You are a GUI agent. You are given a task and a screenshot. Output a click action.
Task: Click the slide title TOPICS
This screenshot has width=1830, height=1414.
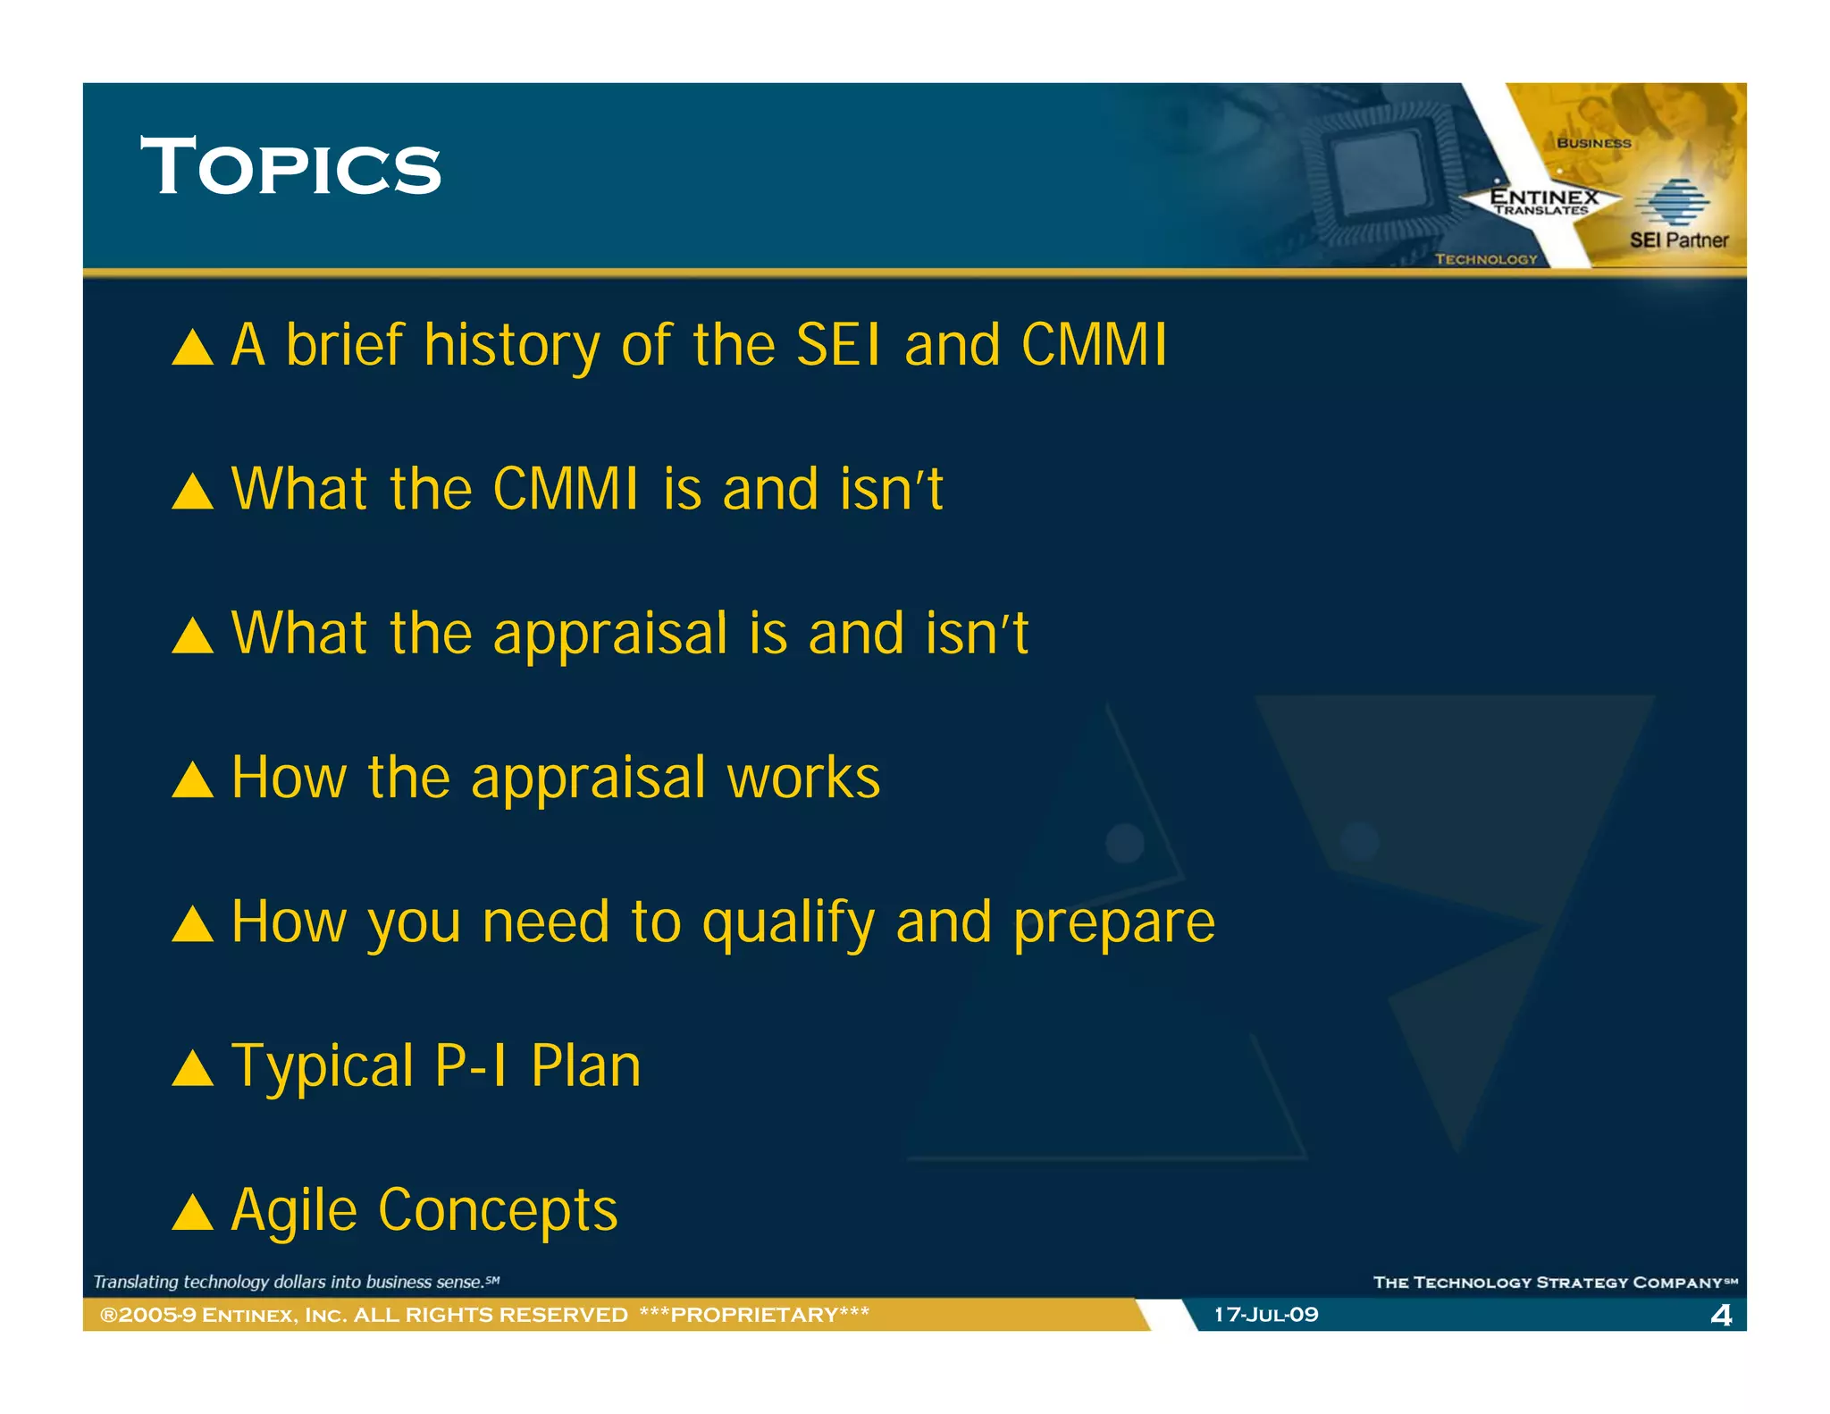point(290,167)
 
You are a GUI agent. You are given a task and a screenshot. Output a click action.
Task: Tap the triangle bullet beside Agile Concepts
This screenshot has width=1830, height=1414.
point(192,1213)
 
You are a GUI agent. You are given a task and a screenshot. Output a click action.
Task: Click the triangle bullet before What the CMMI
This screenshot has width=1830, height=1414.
point(192,492)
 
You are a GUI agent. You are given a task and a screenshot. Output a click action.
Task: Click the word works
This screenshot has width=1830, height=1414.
point(802,778)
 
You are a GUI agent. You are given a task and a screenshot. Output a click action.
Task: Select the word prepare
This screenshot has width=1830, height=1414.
point(1113,923)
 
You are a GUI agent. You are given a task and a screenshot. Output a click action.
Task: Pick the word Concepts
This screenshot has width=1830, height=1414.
point(498,1211)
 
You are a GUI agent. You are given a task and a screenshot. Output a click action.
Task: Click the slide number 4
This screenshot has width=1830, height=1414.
point(1720,1315)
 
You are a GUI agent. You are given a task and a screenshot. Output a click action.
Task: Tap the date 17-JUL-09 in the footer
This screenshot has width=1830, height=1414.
point(1265,1315)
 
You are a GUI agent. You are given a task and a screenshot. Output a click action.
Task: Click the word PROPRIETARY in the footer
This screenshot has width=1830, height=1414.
point(754,1315)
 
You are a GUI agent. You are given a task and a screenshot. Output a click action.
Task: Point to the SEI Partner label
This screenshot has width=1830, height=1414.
point(1678,240)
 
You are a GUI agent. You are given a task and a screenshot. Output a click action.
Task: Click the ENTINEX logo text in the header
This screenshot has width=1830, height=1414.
point(1543,197)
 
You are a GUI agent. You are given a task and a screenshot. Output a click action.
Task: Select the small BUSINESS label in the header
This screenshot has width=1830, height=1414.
point(1593,143)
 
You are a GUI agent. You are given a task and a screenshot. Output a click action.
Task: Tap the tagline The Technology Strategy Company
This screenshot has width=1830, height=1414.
point(1554,1283)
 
